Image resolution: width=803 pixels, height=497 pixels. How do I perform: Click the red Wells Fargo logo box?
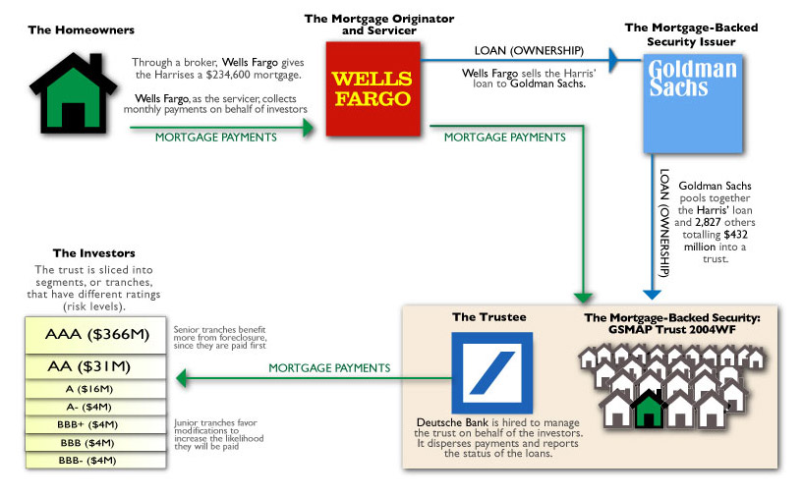tap(373, 88)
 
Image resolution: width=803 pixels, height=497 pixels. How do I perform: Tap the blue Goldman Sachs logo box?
tap(693, 103)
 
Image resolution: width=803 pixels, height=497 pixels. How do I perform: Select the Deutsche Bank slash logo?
tap(492, 372)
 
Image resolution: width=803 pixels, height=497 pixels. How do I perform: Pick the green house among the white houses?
tap(649, 409)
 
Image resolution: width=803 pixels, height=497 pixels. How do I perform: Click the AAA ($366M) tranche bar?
tap(95, 335)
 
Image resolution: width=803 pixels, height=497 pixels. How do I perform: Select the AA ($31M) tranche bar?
tap(95, 366)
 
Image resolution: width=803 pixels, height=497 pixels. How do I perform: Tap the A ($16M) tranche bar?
tap(95, 389)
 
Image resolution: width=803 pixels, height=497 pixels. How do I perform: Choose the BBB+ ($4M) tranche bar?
tap(95, 425)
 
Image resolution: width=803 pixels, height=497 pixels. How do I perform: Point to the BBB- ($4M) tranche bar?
tap(95, 460)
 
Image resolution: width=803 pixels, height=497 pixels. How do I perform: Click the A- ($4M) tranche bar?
tap(95, 407)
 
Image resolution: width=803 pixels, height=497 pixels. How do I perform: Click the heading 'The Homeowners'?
tap(82, 30)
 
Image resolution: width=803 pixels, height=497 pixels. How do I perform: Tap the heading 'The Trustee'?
tap(489, 317)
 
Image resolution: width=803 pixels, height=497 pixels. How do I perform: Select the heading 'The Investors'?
tap(94, 253)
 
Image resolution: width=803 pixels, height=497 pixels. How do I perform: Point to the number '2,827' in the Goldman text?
tap(708, 223)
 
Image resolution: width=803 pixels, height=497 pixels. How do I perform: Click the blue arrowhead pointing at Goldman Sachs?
tap(614, 60)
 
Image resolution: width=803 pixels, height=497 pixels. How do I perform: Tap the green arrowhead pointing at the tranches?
tap(181, 379)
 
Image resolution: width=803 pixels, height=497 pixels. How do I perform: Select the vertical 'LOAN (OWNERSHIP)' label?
tap(664, 223)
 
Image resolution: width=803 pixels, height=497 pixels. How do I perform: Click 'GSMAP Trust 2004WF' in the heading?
tap(672, 330)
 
